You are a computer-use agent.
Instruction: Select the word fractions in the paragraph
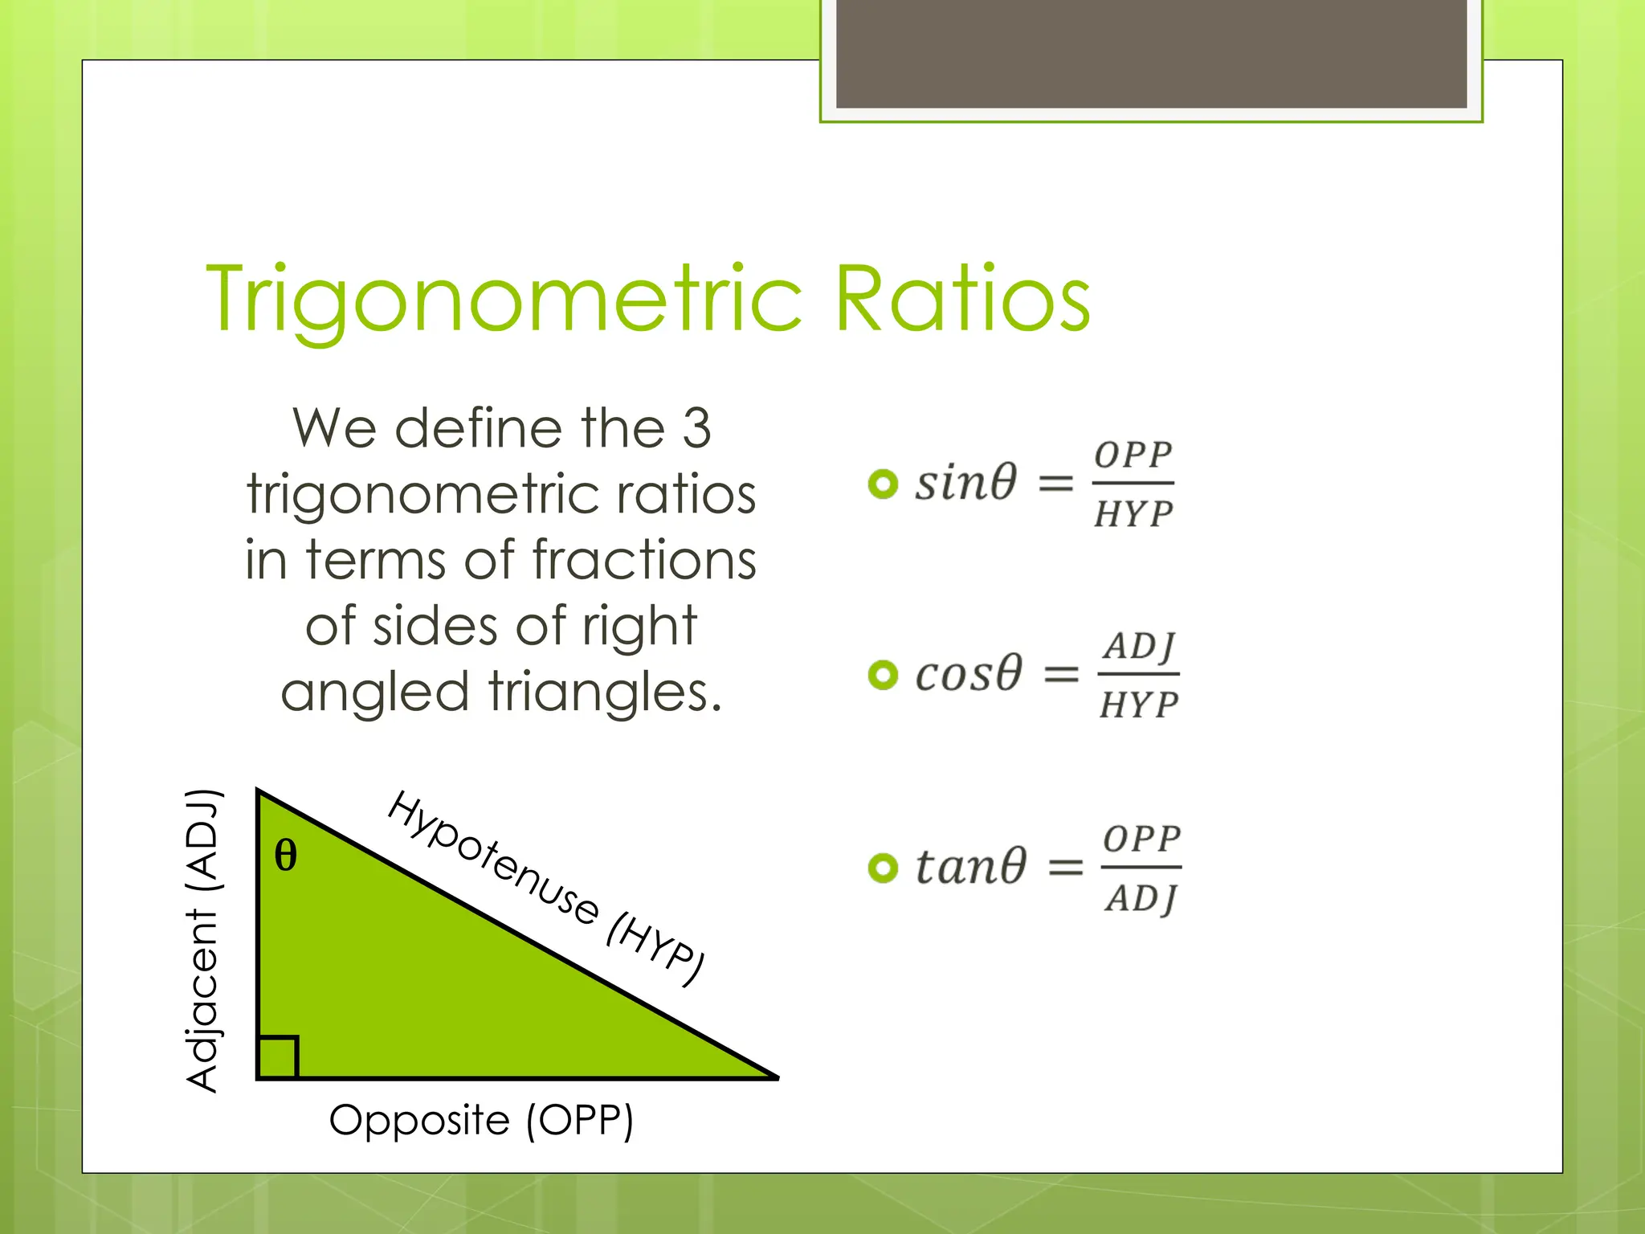coord(644,559)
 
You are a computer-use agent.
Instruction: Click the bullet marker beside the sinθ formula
coord(883,484)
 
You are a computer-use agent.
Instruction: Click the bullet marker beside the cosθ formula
coord(883,674)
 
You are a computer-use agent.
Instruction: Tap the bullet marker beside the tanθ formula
coord(883,868)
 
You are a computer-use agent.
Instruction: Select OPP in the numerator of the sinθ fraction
coord(1133,456)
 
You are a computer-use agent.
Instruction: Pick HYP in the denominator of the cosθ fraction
coord(1138,705)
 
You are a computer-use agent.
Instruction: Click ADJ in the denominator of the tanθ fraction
coord(1141,898)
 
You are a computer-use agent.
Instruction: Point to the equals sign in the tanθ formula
coord(1066,868)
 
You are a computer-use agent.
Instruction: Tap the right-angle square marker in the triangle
coord(278,1057)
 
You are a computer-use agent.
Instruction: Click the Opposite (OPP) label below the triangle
coord(481,1120)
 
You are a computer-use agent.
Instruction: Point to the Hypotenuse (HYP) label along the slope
coord(546,887)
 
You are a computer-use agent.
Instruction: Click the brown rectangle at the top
coord(1151,53)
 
